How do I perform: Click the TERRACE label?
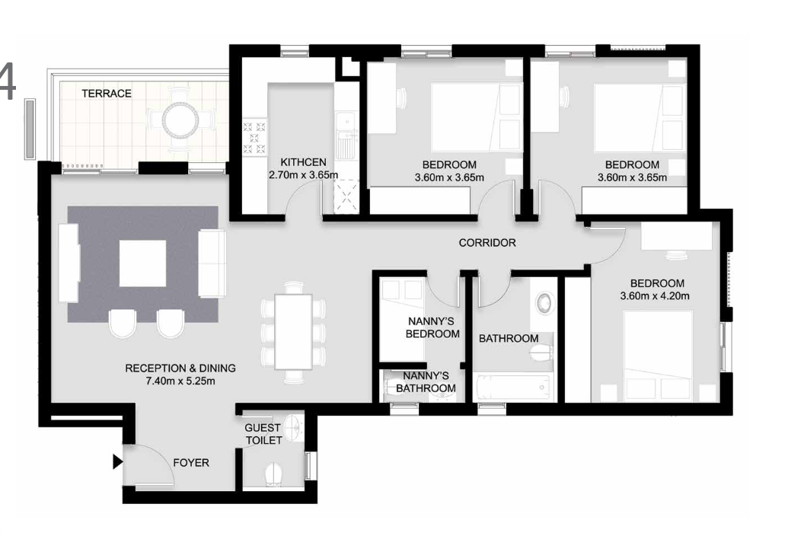(107, 94)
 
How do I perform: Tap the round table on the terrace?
(181, 118)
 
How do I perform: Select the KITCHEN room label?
(303, 162)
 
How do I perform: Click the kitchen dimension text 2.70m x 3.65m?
(303, 175)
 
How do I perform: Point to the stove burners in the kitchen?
(254, 138)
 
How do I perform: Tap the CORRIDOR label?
(487, 243)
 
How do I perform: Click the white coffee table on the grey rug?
(142, 263)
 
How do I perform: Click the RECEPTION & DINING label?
(180, 368)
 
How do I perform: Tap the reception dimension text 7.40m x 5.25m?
(180, 381)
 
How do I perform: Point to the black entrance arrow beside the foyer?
(117, 461)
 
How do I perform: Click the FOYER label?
(190, 462)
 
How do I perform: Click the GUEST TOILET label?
(263, 434)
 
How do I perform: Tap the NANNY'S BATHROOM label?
(426, 382)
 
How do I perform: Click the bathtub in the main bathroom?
(513, 388)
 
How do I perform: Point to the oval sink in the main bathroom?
(544, 303)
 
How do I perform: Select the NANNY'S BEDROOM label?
(432, 327)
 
